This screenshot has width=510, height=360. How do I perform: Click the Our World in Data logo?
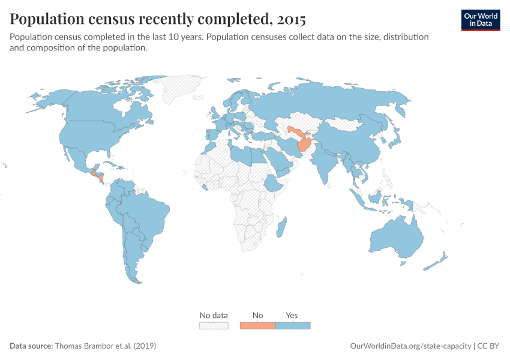[481, 19]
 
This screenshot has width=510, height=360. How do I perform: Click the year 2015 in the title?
[291, 20]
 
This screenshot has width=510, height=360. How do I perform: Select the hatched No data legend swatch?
[214, 326]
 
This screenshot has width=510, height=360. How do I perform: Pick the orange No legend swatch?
[257, 326]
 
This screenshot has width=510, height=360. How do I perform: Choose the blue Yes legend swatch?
[293, 326]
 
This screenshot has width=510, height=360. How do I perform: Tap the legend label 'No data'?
[214, 315]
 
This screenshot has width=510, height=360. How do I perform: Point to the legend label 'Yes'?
[292, 315]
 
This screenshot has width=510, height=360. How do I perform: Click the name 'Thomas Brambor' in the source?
[80, 346]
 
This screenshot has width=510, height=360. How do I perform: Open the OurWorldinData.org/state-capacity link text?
[410, 346]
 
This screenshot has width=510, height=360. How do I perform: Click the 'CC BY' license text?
[489, 346]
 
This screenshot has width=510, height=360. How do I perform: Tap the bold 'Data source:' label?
[31, 346]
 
